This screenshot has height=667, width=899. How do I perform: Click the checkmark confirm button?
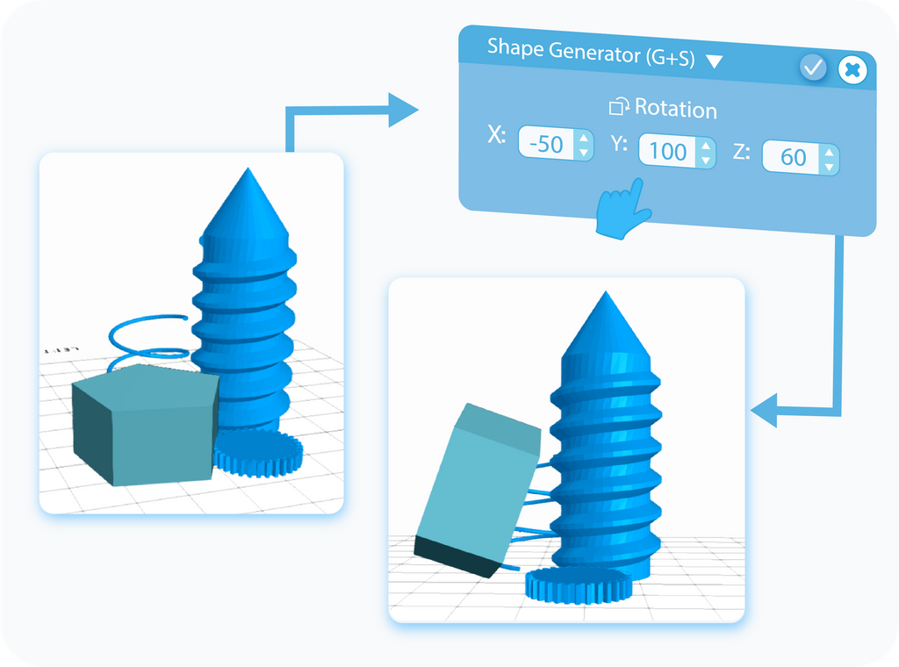(x=813, y=68)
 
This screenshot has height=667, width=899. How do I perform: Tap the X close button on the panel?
(x=852, y=69)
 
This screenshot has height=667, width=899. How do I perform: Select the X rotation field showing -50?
(x=549, y=144)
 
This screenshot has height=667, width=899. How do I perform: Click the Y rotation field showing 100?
(x=669, y=151)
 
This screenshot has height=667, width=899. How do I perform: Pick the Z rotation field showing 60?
(x=793, y=157)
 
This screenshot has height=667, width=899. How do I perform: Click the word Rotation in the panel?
(x=675, y=109)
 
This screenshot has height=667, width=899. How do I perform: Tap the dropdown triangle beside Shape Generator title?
(x=714, y=61)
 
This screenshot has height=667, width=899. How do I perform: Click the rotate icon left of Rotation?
(x=619, y=107)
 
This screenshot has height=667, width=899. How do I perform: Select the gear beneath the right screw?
(x=578, y=585)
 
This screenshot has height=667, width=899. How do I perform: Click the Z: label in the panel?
(x=741, y=153)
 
